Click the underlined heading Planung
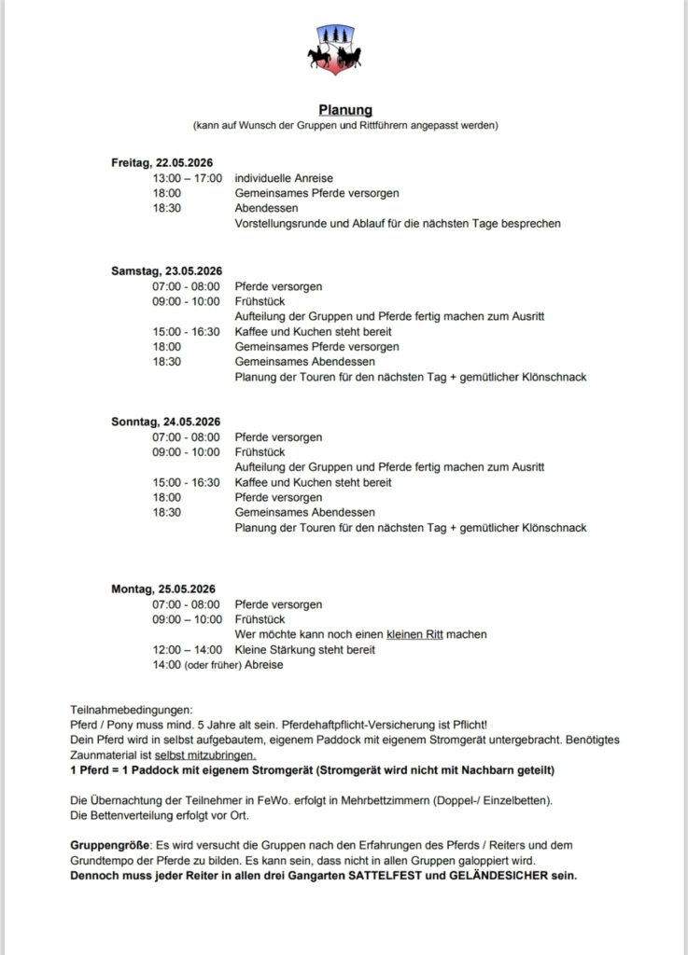344,110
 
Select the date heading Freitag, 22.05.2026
162,163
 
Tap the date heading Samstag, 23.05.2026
166,271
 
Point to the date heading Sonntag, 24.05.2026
165,422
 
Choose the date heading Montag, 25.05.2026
163,588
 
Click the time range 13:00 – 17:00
188,178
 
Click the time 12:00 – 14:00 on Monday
188,649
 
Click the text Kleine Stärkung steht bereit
304,649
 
